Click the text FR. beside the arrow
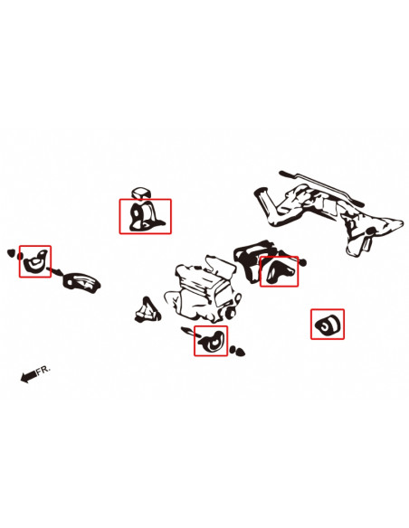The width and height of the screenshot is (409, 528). (x=43, y=370)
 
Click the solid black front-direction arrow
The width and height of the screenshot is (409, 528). (x=28, y=376)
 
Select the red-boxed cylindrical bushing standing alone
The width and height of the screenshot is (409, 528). (x=328, y=325)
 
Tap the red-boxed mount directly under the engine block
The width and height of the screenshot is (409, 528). (x=212, y=342)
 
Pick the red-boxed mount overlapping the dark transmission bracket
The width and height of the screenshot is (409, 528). (x=280, y=271)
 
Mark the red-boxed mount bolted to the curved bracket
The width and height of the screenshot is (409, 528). (x=34, y=261)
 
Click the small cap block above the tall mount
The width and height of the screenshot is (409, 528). (x=140, y=193)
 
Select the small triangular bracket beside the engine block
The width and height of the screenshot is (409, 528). (x=147, y=310)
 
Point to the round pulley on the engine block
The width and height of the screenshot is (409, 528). (x=231, y=313)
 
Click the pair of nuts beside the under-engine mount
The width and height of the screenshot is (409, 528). (x=237, y=351)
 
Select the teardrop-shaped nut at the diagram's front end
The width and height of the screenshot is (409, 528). (x=11, y=252)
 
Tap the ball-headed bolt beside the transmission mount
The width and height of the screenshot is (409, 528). (x=302, y=262)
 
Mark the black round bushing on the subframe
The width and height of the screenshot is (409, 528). (x=371, y=231)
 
